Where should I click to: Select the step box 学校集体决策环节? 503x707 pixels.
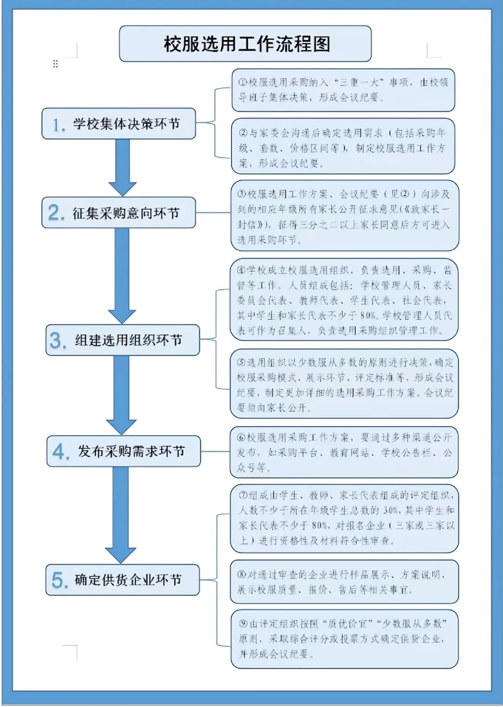[x=119, y=124]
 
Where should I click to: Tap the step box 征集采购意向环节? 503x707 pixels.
[x=119, y=213]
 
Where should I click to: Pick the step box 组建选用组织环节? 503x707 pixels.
[x=122, y=340]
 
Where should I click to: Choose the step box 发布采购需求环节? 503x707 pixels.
[x=123, y=451]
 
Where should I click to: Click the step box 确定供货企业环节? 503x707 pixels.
[x=122, y=580]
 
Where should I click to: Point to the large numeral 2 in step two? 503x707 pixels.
[x=56, y=213]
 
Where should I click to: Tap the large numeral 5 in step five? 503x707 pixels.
[x=60, y=580]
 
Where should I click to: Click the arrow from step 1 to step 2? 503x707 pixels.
[x=122, y=168]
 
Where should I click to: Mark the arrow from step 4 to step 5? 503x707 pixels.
[x=121, y=515]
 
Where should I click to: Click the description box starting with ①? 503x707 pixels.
[x=343, y=90]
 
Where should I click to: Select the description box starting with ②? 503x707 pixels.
[x=343, y=147]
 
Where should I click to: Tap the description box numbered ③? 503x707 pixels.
[x=345, y=216]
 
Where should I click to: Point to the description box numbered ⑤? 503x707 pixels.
[x=344, y=384]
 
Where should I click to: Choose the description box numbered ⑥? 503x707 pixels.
[x=344, y=452]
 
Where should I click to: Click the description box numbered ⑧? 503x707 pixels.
[x=344, y=582]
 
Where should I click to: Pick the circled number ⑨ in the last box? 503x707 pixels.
[x=243, y=624]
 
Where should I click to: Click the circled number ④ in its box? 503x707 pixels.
[x=241, y=270]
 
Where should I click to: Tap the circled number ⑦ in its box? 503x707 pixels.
[x=243, y=495]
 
